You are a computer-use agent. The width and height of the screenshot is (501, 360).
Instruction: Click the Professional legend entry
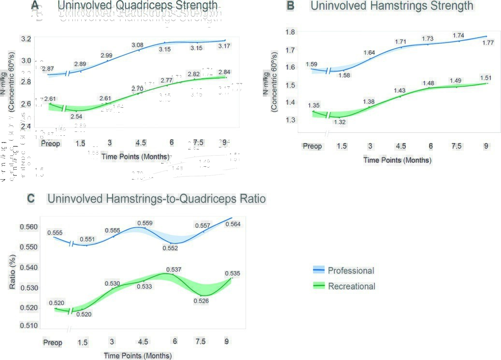351,271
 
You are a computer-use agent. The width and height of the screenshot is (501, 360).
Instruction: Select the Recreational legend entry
351,286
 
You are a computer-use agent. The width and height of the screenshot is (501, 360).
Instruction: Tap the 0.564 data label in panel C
232,224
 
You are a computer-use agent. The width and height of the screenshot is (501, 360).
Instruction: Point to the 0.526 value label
201,301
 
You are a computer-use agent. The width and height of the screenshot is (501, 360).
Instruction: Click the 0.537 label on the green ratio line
173,269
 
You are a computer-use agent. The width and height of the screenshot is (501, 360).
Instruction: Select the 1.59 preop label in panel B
312,64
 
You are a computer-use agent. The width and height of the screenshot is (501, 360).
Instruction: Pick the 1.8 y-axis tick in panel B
290,32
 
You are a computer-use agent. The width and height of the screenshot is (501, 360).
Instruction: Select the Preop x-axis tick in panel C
53,343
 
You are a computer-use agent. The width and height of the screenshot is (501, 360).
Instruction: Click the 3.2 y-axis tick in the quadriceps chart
27,39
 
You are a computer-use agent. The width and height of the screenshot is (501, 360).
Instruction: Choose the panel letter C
30,198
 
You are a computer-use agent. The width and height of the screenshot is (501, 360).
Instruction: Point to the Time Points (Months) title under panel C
138,355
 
